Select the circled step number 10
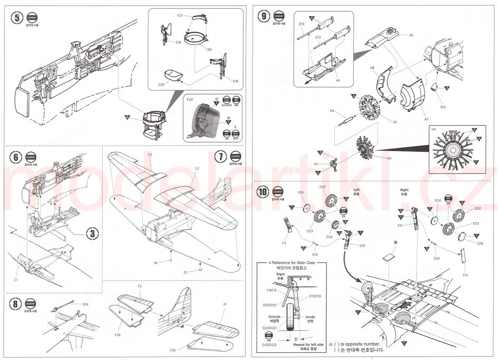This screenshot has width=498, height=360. click(x=264, y=192)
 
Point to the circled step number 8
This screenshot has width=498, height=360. click(x=15, y=304)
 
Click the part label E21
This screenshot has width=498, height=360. click(x=180, y=15)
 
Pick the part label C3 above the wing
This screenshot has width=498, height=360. click(x=150, y=155)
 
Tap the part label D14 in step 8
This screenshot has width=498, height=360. click(x=86, y=304)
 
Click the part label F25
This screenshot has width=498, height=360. click(x=173, y=350)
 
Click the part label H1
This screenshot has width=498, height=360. click(x=316, y=164)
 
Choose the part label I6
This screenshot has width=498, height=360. click(x=395, y=242)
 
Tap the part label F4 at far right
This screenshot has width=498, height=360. click(x=465, y=275)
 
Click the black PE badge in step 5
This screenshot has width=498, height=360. click(x=235, y=100)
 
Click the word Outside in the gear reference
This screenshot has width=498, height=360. click(x=274, y=317)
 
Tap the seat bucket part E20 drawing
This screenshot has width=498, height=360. click(x=173, y=75)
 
